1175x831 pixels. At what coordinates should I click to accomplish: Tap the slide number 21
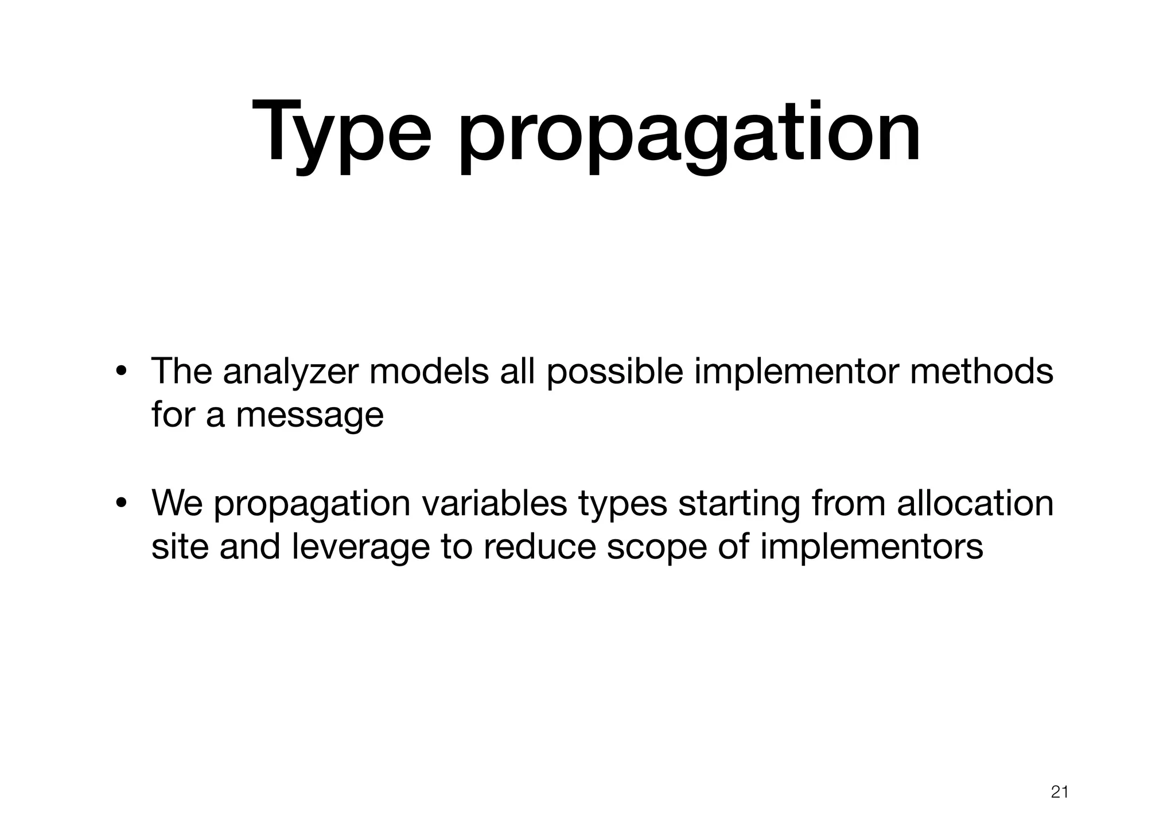pos(1059,792)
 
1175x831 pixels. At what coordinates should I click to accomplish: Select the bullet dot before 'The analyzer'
pos(121,372)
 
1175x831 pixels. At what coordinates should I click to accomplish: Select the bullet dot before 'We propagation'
pos(121,504)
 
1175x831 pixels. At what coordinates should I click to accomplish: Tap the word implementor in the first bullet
pos(797,372)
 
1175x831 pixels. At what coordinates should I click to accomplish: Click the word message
pos(310,415)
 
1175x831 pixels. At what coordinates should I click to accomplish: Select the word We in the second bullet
pos(177,503)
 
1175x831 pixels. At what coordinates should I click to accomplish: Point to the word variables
pos(495,503)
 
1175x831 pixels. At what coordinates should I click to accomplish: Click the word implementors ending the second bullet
pos(871,547)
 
